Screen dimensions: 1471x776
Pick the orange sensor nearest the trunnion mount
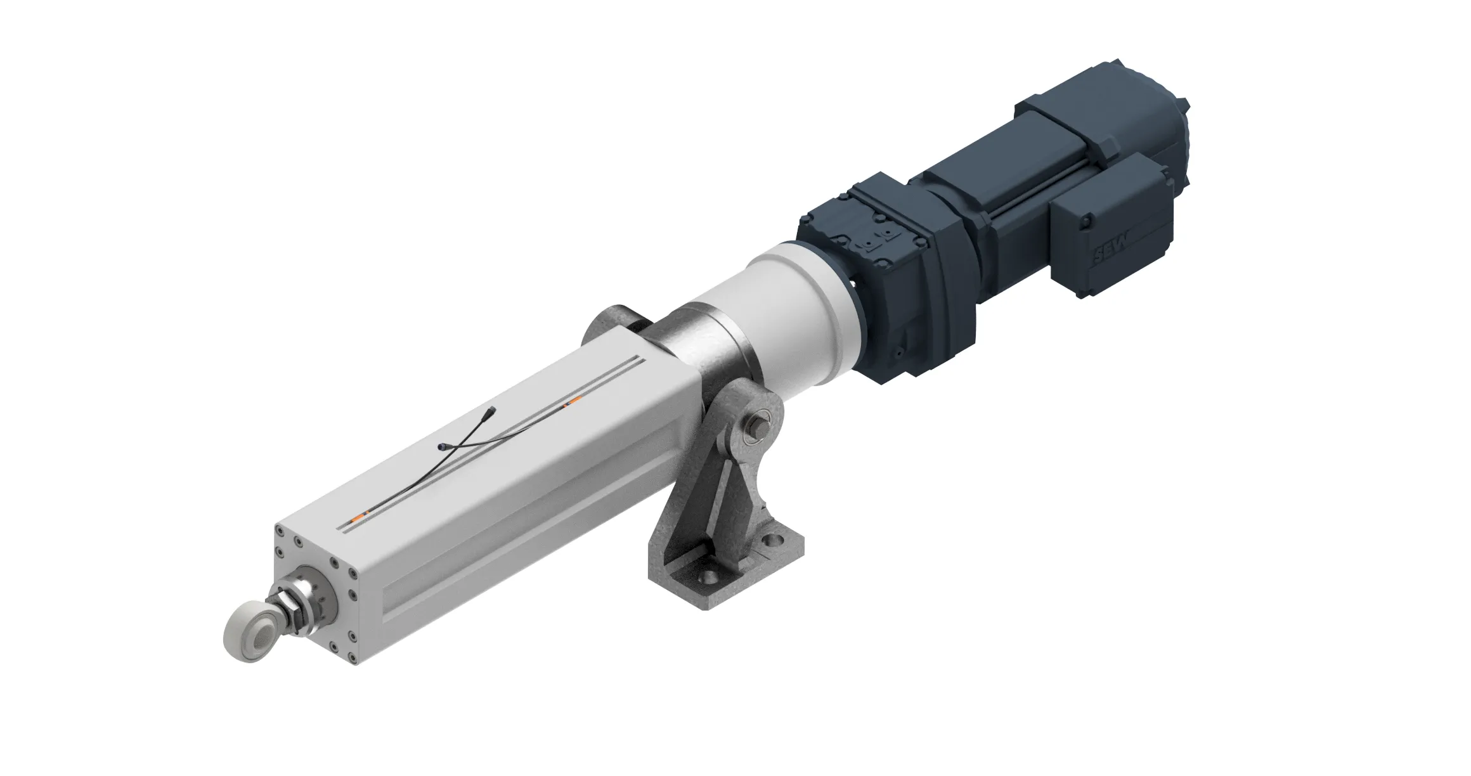(574, 401)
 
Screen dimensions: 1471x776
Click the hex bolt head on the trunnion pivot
(758, 422)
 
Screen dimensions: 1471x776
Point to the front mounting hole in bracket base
(708, 580)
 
